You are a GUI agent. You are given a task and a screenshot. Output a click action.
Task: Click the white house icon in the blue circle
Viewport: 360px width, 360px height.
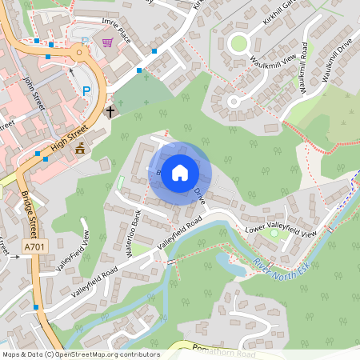(180, 172)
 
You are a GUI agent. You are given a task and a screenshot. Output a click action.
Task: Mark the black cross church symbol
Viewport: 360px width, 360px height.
(110, 111)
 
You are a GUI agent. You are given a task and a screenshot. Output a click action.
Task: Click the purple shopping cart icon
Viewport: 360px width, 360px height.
(107, 42)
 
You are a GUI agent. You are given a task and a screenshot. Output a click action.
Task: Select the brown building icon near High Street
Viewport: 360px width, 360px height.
(79, 148)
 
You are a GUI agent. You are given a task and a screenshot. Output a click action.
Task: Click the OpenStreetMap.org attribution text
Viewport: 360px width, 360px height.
(104, 354)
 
